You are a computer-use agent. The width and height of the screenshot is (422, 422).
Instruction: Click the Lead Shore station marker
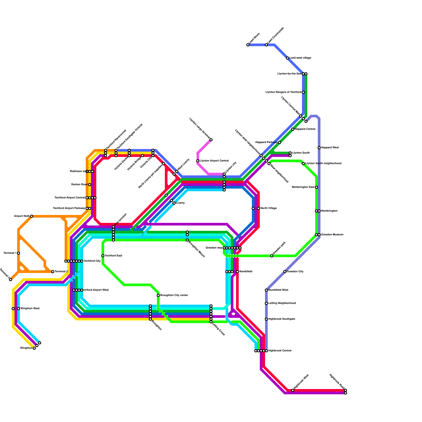[248, 45]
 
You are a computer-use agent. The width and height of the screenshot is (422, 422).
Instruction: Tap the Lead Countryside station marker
[266, 45]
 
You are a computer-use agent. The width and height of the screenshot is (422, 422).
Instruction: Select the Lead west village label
[300, 58]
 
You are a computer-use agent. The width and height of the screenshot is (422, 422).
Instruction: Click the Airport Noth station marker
[32, 216]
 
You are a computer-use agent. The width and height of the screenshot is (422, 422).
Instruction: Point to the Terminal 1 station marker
[18, 253]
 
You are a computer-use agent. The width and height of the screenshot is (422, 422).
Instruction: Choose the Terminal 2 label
[61, 272]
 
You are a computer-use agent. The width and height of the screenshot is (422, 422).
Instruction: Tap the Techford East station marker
[103, 256]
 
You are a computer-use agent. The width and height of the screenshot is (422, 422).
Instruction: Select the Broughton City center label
[174, 295]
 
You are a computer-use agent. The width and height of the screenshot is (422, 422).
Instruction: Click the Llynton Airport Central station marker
[198, 161]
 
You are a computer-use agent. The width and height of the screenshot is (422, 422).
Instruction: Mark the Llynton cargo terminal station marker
[211, 140]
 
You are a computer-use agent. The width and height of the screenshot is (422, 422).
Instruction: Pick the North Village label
[268, 208]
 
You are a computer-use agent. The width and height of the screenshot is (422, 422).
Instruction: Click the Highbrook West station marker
[293, 390]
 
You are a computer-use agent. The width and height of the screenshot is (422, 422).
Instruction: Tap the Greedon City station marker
[285, 272]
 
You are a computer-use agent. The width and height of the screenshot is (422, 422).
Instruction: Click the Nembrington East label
[303, 187]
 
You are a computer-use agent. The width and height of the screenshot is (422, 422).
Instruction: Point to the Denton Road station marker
[90, 185]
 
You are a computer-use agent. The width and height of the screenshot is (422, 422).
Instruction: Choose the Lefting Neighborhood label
[282, 303]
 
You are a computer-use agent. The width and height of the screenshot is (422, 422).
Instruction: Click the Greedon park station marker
[272, 256]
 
